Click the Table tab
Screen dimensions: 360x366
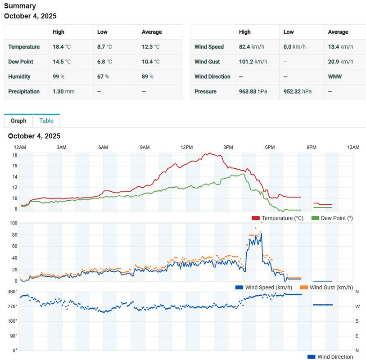coord(46,121)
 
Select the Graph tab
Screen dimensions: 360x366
coord(18,121)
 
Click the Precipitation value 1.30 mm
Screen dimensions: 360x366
coord(63,91)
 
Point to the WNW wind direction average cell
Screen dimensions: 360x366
coord(335,76)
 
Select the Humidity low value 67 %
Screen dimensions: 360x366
coord(103,76)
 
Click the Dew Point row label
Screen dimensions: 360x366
coord(21,62)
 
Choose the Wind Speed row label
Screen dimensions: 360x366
coord(209,47)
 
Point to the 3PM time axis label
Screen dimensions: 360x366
coord(228,148)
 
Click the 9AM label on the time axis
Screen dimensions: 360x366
coord(145,148)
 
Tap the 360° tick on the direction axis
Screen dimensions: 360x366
coord(12,292)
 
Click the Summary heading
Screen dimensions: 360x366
coord(20,6)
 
